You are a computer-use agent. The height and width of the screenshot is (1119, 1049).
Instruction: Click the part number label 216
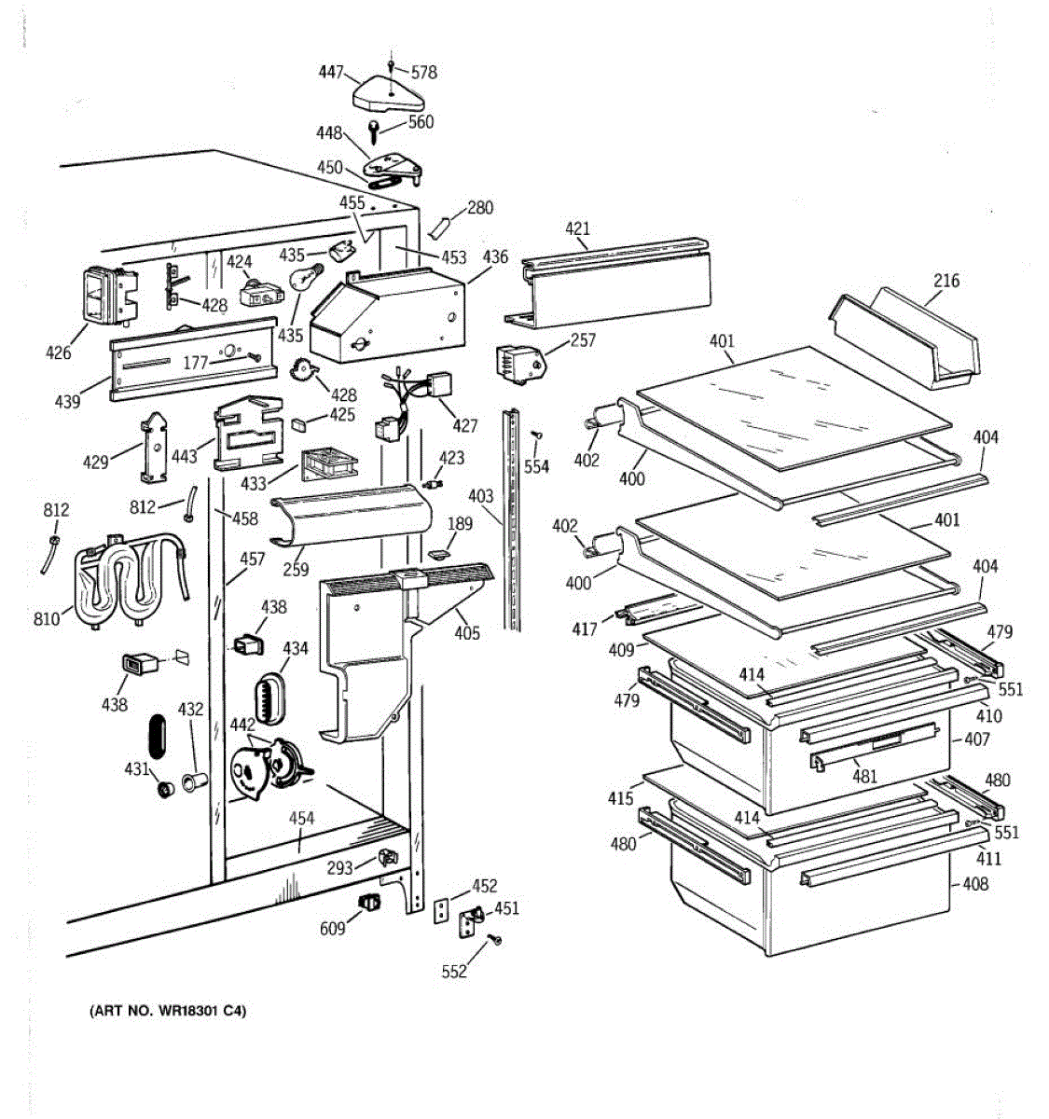(x=946, y=281)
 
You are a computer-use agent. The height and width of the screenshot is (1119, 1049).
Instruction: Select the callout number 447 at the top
(x=330, y=72)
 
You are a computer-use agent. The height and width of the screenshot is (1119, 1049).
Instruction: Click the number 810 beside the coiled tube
(x=47, y=617)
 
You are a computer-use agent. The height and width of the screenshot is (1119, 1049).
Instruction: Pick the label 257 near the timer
(x=582, y=340)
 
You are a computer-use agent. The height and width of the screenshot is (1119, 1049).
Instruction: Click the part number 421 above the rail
(x=577, y=228)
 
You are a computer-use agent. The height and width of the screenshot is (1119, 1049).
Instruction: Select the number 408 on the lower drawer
(x=975, y=883)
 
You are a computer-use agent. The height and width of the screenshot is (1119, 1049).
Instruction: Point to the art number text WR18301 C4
(x=168, y=1011)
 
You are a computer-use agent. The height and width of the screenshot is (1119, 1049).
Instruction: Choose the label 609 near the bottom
(x=332, y=928)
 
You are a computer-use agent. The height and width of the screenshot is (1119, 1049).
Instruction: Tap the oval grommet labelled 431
(x=165, y=790)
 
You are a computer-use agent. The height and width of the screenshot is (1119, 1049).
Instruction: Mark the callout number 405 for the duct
(x=466, y=634)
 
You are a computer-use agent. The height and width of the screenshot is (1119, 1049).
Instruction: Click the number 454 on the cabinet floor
(x=301, y=819)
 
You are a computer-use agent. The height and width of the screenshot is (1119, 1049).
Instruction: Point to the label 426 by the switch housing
(x=58, y=352)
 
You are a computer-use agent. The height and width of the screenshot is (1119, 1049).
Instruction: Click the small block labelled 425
(x=299, y=422)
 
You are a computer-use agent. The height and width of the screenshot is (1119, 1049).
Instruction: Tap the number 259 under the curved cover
(x=296, y=569)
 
